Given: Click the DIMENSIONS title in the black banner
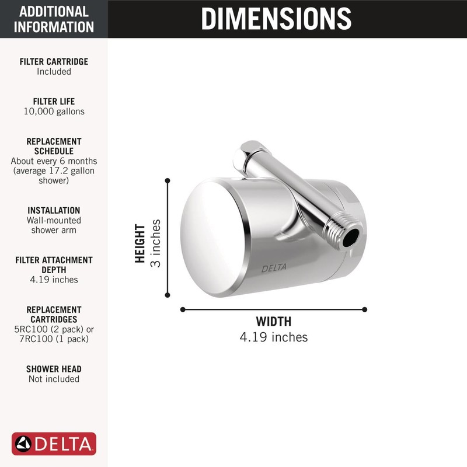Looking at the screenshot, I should pyautogui.click(x=276, y=19).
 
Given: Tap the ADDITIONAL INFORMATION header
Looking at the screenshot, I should pyautogui.click(x=54, y=19).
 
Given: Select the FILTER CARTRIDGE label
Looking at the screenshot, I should pyautogui.click(x=54, y=61).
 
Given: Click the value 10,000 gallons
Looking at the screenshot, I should pyautogui.click(x=54, y=111).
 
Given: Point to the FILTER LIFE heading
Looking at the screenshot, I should pyautogui.click(x=54, y=102).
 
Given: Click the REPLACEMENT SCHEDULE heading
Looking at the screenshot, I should pyautogui.click(x=54, y=146).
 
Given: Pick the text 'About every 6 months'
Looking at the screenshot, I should pyautogui.click(x=54, y=161).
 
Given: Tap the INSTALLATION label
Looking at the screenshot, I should pyautogui.click(x=54, y=210).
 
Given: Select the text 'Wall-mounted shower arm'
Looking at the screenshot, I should pyautogui.click(x=54, y=225).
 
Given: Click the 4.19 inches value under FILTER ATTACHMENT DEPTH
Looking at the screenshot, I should pyautogui.click(x=54, y=280).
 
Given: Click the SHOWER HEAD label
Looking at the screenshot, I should pyautogui.click(x=54, y=369).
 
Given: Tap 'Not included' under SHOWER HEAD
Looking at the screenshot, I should pyautogui.click(x=54, y=379).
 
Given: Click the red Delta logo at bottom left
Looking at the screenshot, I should pyautogui.click(x=54, y=444).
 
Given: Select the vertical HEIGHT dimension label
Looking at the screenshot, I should pyautogui.click(x=140, y=243).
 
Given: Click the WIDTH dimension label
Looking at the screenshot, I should pyautogui.click(x=273, y=322).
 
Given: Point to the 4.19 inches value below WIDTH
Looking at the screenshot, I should pyautogui.click(x=273, y=337).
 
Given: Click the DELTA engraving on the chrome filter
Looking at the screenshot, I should pyautogui.click(x=273, y=269).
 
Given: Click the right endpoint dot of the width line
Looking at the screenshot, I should pyautogui.click(x=365, y=309).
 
